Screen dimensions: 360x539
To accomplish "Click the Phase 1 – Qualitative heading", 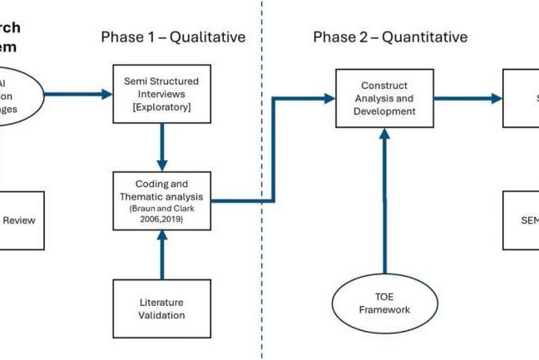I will pos(173,37).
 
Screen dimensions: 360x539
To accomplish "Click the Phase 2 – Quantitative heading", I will pos(389,37).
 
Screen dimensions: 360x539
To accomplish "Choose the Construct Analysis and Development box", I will pos(383,97).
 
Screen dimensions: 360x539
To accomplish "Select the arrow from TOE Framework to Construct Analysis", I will pos(384,200).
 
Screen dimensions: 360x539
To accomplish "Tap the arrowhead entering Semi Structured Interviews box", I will pos(106,94).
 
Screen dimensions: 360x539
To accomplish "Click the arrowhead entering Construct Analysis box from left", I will pos(329,98).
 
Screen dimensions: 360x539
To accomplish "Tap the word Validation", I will pos(162,315).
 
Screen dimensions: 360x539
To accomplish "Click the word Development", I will pos(383,111).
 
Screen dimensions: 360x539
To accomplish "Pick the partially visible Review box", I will pos(21,220).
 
